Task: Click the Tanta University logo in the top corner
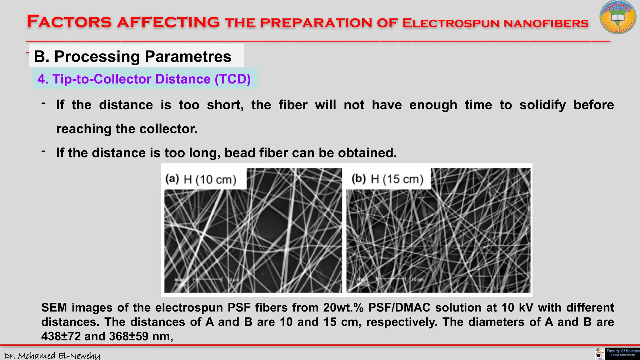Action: click(x=617, y=17)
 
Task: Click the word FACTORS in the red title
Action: click(x=69, y=22)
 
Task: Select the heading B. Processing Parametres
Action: click(x=132, y=57)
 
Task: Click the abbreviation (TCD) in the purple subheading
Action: click(x=232, y=79)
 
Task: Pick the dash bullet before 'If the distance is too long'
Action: click(x=44, y=151)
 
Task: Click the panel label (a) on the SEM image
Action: click(x=172, y=179)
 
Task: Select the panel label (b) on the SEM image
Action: click(x=358, y=178)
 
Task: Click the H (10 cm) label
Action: click(x=210, y=180)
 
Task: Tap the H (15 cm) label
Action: click(x=397, y=179)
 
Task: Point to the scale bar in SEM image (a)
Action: click(x=207, y=279)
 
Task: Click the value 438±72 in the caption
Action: click(x=61, y=337)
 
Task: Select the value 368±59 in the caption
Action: click(x=129, y=337)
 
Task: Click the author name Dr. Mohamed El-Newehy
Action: click(x=52, y=356)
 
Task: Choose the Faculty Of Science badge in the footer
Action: click(x=622, y=353)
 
